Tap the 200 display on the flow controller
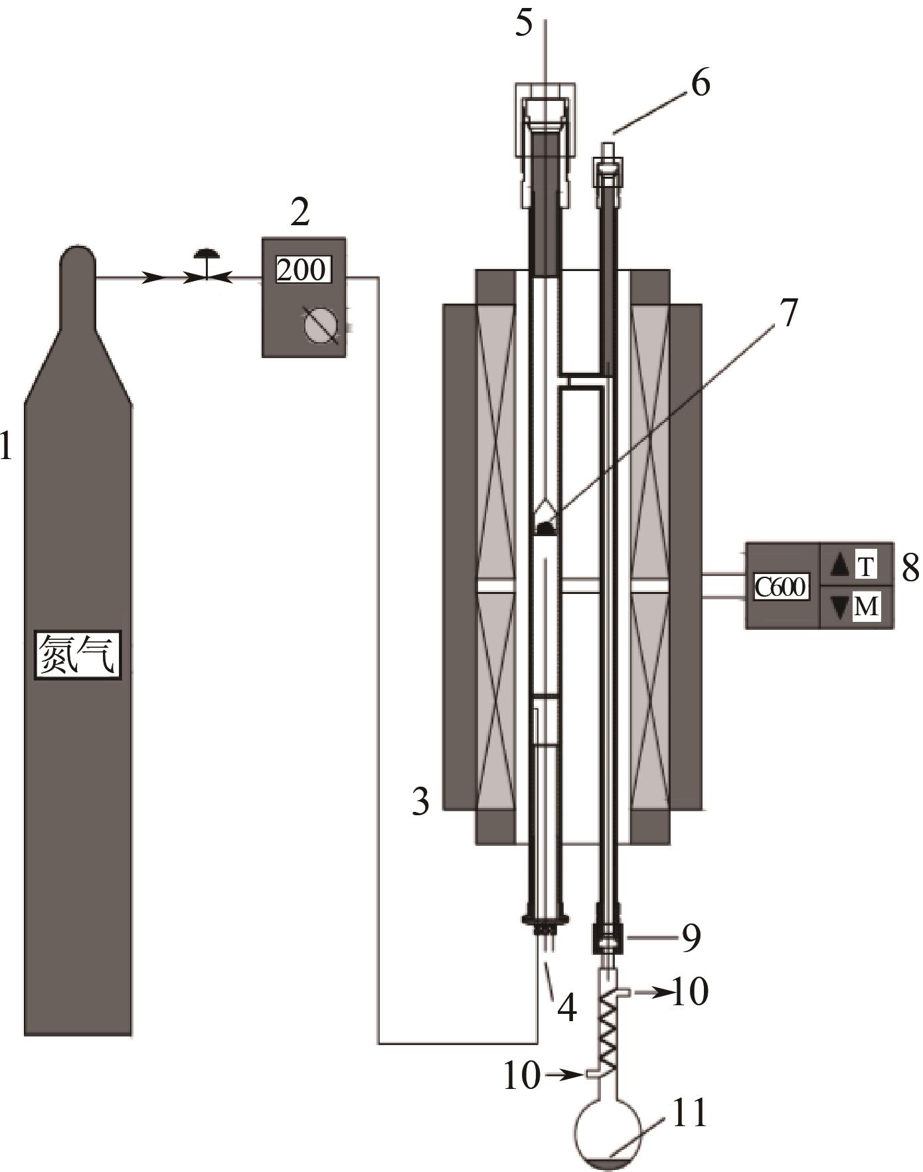pyautogui.click(x=302, y=270)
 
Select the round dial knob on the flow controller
pyautogui.click(x=321, y=326)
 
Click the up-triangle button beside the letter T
pyautogui.click(x=839, y=565)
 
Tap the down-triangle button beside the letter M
pyautogui.click(x=839, y=607)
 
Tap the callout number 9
pyautogui.click(x=691, y=939)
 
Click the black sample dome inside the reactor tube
pyautogui.click(x=546, y=528)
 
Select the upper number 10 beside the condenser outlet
pyautogui.click(x=690, y=992)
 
